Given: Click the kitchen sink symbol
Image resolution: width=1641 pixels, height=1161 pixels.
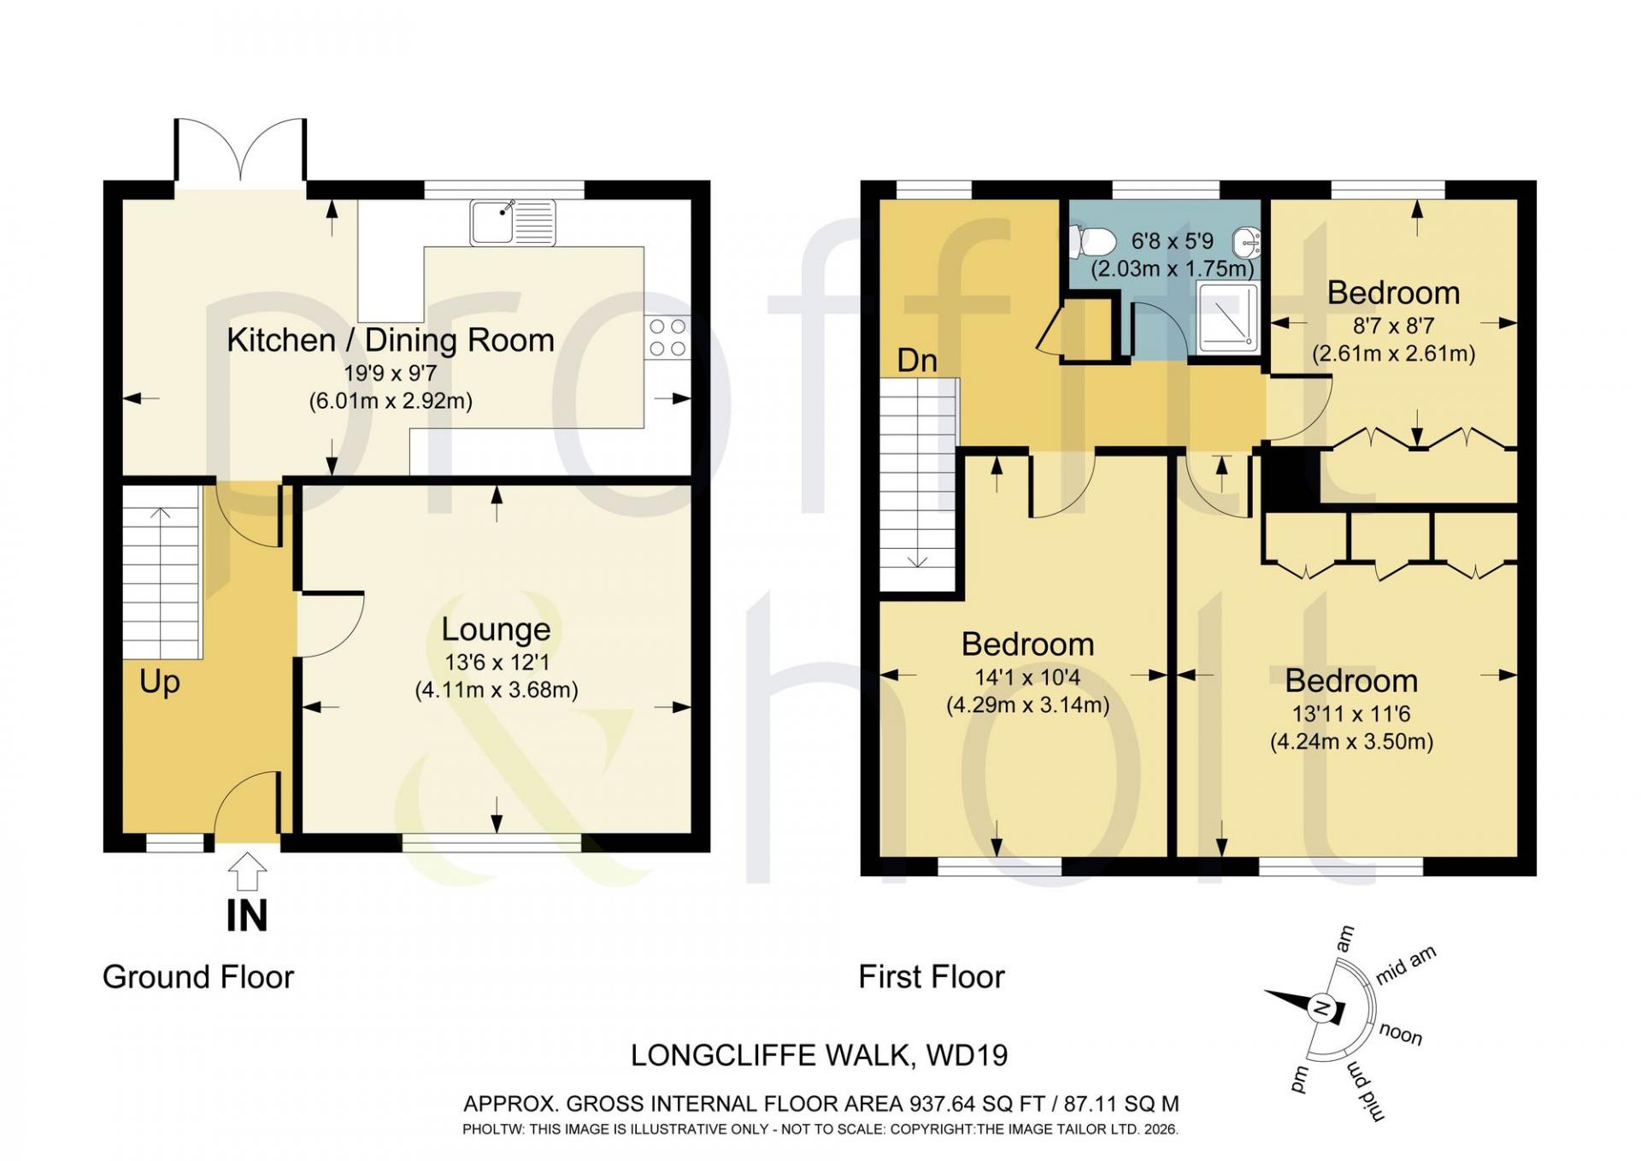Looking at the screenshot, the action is (513, 221).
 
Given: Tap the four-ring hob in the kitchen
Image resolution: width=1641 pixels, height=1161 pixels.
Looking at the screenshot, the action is (668, 337).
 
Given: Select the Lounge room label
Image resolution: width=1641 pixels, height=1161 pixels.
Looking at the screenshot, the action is (496, 630).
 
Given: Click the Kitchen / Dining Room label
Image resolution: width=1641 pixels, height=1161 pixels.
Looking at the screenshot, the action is (391, 340).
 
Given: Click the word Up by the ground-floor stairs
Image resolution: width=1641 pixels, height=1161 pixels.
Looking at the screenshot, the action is (160, 682).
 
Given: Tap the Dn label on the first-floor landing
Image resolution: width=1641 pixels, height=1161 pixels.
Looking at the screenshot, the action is (917, 361).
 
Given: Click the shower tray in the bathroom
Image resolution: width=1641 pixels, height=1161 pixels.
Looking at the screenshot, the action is (1227, 317).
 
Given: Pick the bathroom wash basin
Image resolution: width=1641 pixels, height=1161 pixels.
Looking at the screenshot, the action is (1246, 242).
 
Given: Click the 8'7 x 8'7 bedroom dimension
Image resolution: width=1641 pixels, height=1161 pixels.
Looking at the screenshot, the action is (1393, 326).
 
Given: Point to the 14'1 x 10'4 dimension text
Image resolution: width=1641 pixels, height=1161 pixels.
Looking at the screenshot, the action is (1027, 677).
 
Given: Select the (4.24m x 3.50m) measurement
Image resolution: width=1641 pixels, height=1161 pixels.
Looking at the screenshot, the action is (1351, 741).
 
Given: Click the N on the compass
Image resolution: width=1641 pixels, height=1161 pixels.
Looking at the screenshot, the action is (1321, 1009).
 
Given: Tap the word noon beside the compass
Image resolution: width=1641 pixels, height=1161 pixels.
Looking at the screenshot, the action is (1400, 1034).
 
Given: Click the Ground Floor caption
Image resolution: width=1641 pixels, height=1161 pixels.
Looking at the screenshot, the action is (198, 977).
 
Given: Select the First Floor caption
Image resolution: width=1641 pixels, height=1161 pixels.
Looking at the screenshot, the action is (932, 977).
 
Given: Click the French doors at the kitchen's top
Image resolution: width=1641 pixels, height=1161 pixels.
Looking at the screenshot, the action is (240, 150).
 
